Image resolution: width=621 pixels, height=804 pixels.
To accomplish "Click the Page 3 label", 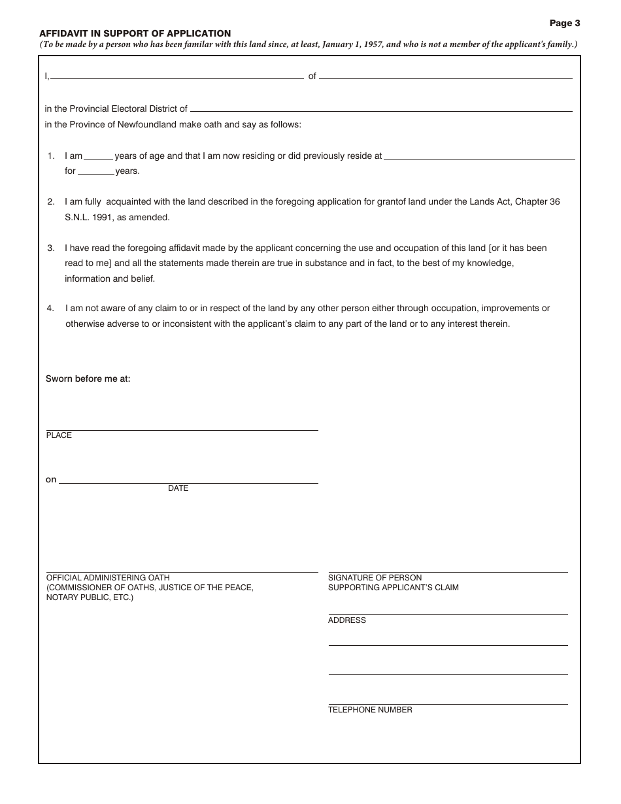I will coord(564,23).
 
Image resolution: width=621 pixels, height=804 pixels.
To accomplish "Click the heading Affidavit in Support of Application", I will coord(135,33).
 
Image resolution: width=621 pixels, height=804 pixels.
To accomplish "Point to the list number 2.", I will coord(51,202).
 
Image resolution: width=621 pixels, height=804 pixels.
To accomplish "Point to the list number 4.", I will coord(51,308).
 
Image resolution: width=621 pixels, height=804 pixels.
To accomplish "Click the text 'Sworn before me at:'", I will coord(88,378).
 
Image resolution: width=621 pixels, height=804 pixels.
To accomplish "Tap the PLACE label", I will coord(59,435).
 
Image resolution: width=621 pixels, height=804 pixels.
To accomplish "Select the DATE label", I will coord(178,488).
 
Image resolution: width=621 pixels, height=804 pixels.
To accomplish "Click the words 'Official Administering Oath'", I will coord(108,578).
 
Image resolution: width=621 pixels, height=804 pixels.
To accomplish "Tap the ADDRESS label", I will coord(347,620).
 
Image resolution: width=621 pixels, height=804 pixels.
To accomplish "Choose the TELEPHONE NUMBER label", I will coord(370,710).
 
